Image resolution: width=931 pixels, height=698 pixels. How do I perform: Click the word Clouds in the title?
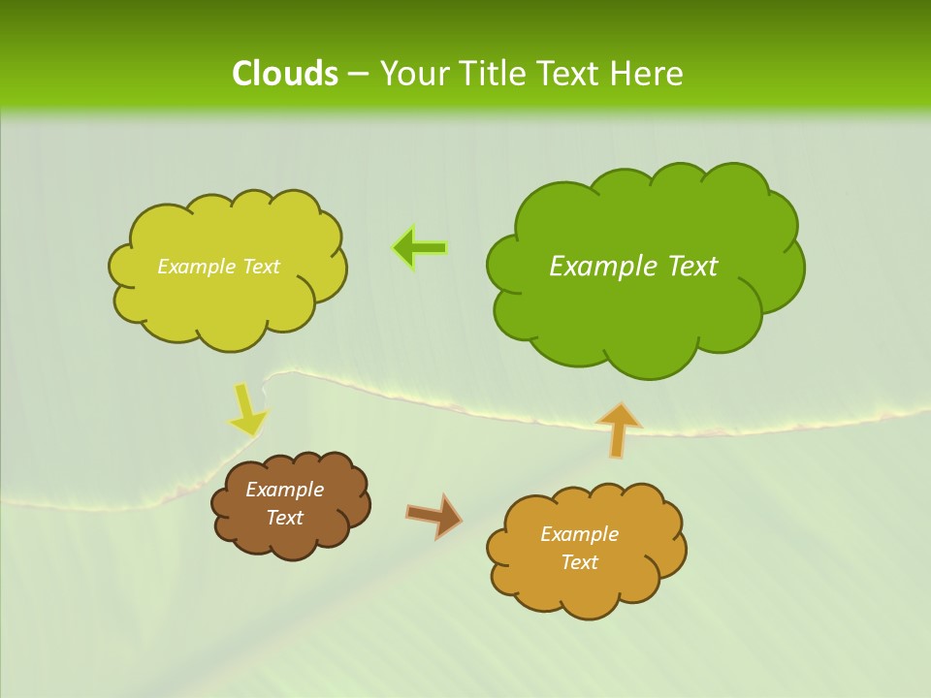click(285, 74)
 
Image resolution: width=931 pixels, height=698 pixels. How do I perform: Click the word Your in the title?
click(413, 74)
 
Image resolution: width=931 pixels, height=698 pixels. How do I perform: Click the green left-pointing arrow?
click(420, 248)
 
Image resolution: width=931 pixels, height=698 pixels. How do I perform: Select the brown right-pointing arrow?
click(433, 516)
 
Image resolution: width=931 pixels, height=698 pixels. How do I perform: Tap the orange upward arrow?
click(618, 429)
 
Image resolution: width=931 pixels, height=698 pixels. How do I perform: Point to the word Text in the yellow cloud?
click(261, 267)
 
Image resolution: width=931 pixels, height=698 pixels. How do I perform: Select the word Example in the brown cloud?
click(284, 490)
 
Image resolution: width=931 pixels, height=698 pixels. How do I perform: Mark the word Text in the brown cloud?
click(284, 518)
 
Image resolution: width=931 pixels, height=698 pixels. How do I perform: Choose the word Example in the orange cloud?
click(579, 534)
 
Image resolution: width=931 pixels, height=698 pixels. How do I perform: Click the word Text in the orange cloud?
click(579, 562)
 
